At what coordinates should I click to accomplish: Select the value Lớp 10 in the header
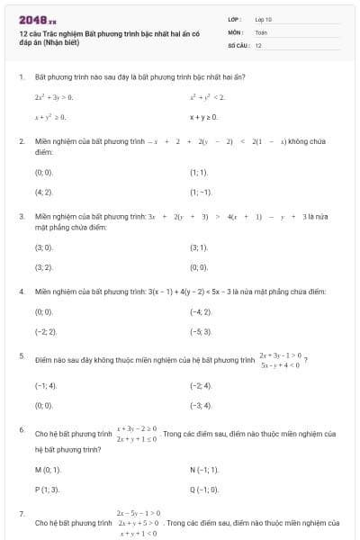pos(264,19)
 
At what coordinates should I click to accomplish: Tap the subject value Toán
pos(261,31)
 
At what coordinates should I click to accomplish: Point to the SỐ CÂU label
pos(238,44)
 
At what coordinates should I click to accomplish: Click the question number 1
pos(21,77)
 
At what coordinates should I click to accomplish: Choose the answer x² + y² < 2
pos(206,96)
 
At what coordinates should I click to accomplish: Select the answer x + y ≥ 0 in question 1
pos(203,117)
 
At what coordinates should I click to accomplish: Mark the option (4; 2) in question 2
pos(43,192)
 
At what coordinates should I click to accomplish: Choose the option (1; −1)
pos(201,192)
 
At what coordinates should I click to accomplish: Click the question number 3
pos(21,217)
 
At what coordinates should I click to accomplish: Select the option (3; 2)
pos(43,267)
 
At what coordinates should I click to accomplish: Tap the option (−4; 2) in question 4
pos(201,311)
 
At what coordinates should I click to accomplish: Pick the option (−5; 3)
pos(201,331)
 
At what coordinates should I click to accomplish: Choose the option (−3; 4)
pos(201,406)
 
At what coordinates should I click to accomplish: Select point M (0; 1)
pos(48,470)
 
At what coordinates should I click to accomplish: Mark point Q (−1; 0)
pos(204,490)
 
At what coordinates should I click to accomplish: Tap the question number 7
pos(21,513)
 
